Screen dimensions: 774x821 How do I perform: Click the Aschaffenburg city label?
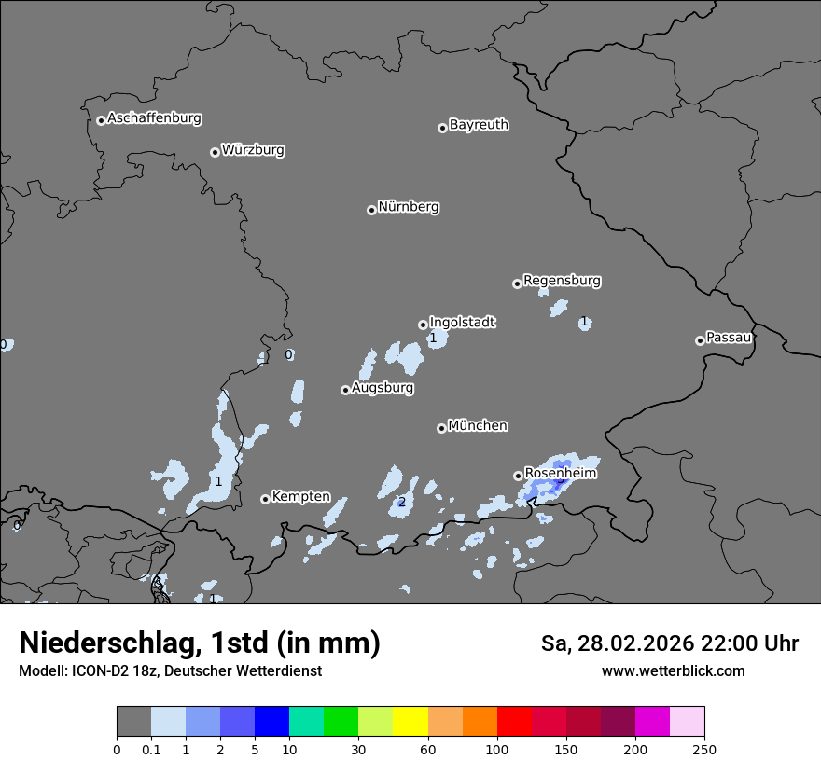coord(154,118)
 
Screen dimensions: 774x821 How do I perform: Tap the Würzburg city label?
coord(253,150)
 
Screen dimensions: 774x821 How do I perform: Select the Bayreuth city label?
coord(479,125)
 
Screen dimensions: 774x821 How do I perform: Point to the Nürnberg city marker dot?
coord(371,210)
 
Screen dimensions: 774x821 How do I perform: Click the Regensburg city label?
coord(562,281)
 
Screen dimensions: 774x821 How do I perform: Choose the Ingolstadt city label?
coord(462,323)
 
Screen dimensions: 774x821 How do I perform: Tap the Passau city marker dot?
coord(700,340)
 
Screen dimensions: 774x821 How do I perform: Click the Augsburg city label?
coord(383,388)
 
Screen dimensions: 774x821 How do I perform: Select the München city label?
coord(478,426)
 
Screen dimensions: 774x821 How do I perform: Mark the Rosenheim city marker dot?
coord(518,476)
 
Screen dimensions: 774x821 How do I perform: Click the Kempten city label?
coord(300,497)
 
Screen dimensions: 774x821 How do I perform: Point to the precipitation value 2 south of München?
coord(402,503)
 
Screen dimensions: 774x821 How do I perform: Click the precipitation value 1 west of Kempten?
coord(218,482)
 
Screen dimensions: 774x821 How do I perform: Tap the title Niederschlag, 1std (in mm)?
coord(200,643)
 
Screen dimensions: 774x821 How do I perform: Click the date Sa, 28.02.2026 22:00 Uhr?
coord(669,643)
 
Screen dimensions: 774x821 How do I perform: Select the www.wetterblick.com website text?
coord(673,671)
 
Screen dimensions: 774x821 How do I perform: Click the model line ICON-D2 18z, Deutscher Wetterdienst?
coord(170,671)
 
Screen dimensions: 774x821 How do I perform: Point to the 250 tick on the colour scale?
coord(704,750)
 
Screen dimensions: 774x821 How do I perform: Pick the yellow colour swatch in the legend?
coord(410,722)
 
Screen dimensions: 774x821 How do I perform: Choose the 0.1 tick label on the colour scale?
coord(151,750)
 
